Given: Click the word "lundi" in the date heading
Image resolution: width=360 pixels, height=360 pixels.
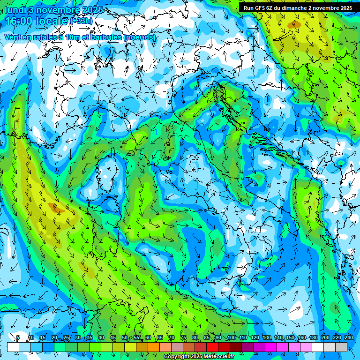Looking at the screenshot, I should click(x=15, y=10).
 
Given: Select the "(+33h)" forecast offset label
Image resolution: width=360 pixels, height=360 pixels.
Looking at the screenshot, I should click(x=82, y=21).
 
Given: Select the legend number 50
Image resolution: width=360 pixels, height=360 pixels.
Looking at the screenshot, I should click(x=125, y=338).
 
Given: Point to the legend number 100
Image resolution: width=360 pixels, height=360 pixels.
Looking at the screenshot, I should click(x=232, y=338).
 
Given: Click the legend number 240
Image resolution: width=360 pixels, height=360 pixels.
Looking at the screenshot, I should click(x=349, y=338).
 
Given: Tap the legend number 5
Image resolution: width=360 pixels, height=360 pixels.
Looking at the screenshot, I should click(x=18, y=338).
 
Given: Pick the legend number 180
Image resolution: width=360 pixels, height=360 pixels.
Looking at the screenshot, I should click(x=314, y=338).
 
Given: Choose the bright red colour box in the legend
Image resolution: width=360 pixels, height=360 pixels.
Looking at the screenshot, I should click(x=212, y=347).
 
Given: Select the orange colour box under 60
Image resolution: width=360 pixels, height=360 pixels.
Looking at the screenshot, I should click(x=154, y=347).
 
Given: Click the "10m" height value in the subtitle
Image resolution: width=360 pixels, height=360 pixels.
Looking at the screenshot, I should click(x=77, y=37).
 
